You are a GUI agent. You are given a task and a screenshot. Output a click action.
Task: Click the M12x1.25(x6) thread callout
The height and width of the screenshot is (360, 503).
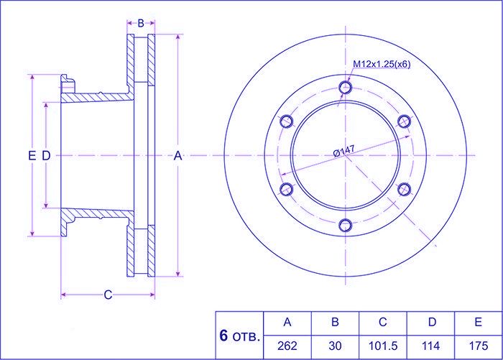pyautogui.click(x=382, y=64)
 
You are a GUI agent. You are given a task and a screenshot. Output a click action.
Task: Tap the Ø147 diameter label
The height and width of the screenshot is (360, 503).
pyautogui.click(x=344, y=150)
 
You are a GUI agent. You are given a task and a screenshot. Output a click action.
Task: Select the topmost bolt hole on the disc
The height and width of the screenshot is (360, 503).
pyautogui.click(x=346, y=87)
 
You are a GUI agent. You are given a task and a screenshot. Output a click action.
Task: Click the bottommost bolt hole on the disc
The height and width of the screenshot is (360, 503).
pyautogui.click(x=346, y=225)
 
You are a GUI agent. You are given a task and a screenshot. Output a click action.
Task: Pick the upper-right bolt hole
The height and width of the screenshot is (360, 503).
pyautogui.click(x=405, y=121)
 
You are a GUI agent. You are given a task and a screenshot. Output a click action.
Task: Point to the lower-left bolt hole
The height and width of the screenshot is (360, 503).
pyautogui.click(x=287, y=189)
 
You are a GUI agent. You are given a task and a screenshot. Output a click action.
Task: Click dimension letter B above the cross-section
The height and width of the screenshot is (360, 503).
pyautogui.click(x=141, y=23)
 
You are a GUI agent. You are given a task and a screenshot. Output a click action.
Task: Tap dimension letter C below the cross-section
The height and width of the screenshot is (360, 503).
pyautogui.click(x=108, y=295)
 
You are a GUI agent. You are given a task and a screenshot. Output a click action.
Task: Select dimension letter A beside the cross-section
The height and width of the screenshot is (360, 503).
pyautogui.click(x=177, y=156)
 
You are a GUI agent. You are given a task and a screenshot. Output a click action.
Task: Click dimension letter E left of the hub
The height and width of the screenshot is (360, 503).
pyautogui.click(x=32, y=156)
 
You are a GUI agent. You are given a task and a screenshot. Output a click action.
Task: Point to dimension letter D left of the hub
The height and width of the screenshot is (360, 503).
pyautogui.click(x=46, y=156)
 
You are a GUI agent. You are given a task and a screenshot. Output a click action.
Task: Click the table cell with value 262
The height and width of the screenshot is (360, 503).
pyautogui.click(x=287, y=346)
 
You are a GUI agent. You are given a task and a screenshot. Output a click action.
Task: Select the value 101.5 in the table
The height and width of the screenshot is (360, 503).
pyautogui.click(x=383, y=346)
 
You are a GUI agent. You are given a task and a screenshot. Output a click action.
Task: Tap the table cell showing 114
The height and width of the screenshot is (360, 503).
pyautogui.click(x=431, y=346)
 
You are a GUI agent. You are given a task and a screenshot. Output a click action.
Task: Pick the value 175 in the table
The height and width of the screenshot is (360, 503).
pyautogui.click(x=479, y=346)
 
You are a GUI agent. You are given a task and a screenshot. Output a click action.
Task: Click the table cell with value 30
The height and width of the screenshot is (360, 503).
pyautogui.click(x=336, y=346)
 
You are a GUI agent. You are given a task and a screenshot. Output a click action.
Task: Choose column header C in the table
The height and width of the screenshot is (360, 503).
pyautogui.click(x=383, y=322)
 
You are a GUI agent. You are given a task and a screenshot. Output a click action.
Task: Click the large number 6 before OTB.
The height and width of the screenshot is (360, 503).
pyautogui.click(x=223, y=336)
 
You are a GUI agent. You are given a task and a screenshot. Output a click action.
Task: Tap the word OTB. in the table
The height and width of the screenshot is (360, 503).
pyautogui.click(x=246, y=337)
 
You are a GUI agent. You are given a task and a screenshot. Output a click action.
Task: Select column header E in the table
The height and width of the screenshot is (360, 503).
pyautogui.click(x=479, y=322)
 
